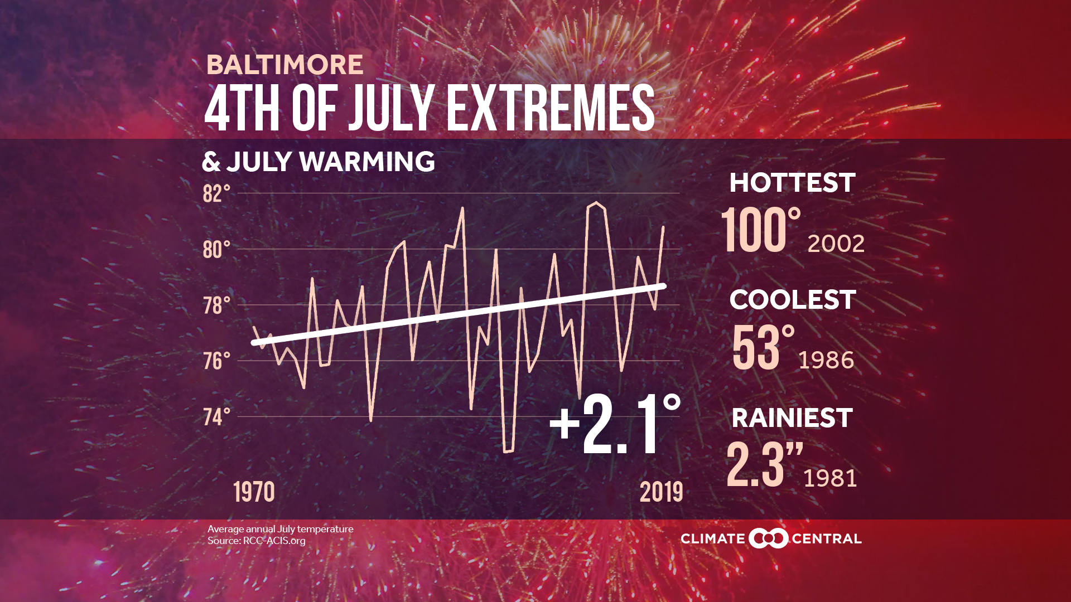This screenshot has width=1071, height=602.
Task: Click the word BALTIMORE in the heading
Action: pyautogui.click(x=284, y=65)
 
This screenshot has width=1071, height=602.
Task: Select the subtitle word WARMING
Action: pyautogui.click(x=367, y=162)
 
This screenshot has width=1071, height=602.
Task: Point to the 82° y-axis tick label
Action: pyautogui.click(x=216, y=194)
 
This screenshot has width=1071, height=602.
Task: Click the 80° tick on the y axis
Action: pyautogui.click(x=216, y=250)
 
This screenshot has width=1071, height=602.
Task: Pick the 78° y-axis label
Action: pyautogui.click(x=216, y=305)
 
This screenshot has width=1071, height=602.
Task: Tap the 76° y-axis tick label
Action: pyautogui.click(x=216, y=361)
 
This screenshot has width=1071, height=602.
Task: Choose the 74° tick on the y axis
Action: pyautogui.click(x=216, y=417)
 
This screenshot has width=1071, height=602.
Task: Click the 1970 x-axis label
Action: pyautogui.click(x=254, y=492)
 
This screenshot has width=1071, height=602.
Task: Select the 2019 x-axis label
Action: pyautogui.click(x=661, y=492)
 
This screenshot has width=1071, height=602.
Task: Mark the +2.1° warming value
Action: pyautogui.click(x=615, y=425)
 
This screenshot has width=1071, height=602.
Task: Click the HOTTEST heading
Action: pyautogui.click(x=792, y=183)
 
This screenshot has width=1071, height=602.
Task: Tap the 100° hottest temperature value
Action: pyautogui.click(x=761, y=231)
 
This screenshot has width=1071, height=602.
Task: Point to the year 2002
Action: pyautogui.click(x=836, y=244)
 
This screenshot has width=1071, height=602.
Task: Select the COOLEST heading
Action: pyautogui.click(x=792, y=300)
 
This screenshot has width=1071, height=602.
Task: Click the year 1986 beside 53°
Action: pyautogui.click(x=826, y=361)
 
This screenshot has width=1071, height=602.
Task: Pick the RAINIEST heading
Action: pyautogui.click(x=792, y=418)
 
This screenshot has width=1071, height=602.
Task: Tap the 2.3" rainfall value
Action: pyautogui.click(x=764, y=465)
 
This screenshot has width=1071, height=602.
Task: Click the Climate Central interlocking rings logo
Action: pyautogui.click(x=768, y=538)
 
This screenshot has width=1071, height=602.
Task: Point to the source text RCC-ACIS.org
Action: pyautogui.click(x=274, y=541)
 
